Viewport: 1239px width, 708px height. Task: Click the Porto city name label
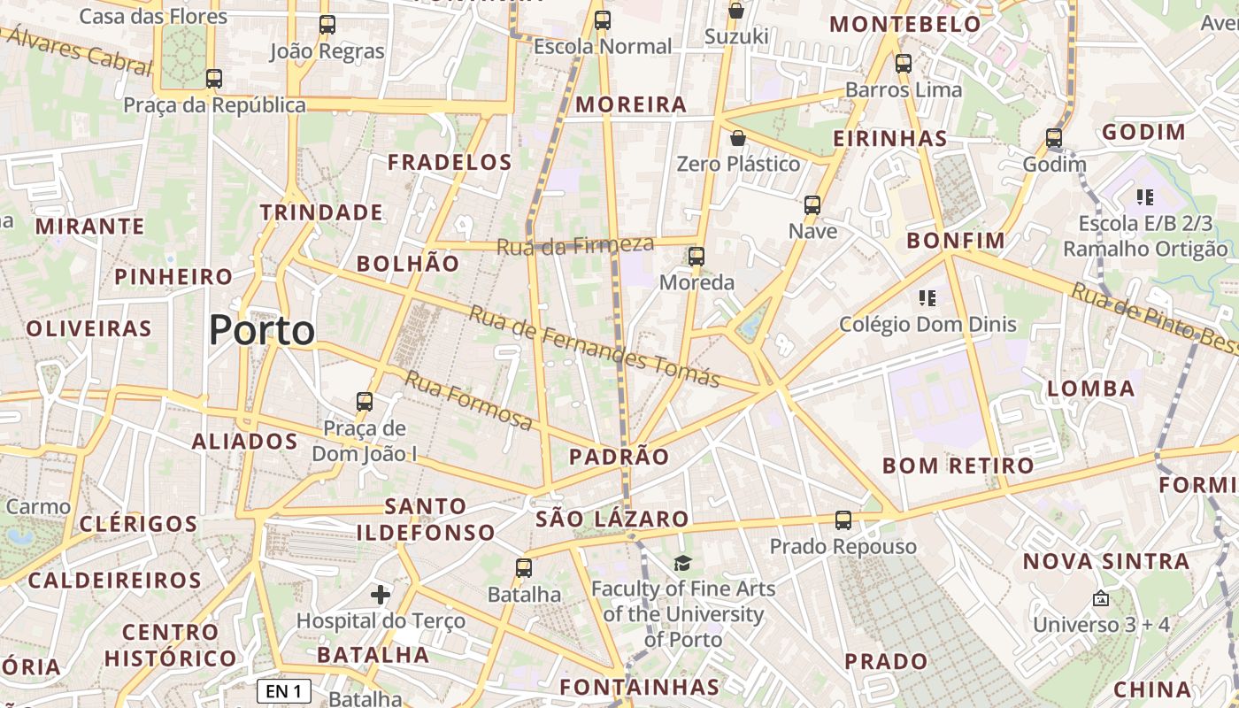pyautogui.click(x=262, y=331)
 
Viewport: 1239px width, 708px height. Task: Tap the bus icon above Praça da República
pyautogui.click(x=213, y=79)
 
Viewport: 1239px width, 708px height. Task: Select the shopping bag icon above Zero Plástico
pyautogui.click(x=737, y=138)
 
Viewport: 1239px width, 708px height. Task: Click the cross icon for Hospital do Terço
pyautogui.click(x=381, y=595)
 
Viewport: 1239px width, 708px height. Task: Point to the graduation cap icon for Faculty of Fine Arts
pyautogui.click(x=682, y=564)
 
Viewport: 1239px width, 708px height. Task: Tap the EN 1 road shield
pyautogui.click(x=283, y=691)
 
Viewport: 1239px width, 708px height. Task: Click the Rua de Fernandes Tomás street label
pyautogui.click(x=595, y=346)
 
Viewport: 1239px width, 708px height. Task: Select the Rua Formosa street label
pyautogui.click(x=469, y=400)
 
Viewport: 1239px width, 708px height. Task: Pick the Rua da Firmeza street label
pyautogui.click(x=575, y=245)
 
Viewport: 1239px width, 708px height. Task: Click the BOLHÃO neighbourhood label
pyautogui.click(x=408, y=264)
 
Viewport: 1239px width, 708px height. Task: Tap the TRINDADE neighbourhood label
pyautogui.click(x=321, y=212)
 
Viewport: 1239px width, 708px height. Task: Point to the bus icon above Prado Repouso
pyautogui.click(x=843, y=520)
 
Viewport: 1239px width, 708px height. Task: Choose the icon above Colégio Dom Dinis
pyautogui.click(x=927, y=298)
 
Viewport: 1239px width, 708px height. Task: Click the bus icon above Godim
pyautogui.click(x=1053, y=138)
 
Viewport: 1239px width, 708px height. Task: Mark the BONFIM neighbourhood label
pyautogui.click(x=956, y=241)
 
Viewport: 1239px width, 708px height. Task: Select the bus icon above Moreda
pyautogui.click(x=696, y=257)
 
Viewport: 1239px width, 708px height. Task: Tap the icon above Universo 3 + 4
pyautogui.click(x=1100, y=599)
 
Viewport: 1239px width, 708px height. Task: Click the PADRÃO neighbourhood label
pyautogui.click(x=619, y=457)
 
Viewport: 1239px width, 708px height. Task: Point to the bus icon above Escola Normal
pyautogui.click(x=603, y=20)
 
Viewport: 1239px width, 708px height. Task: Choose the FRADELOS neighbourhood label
pyautogui.click(x=450, y=162)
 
